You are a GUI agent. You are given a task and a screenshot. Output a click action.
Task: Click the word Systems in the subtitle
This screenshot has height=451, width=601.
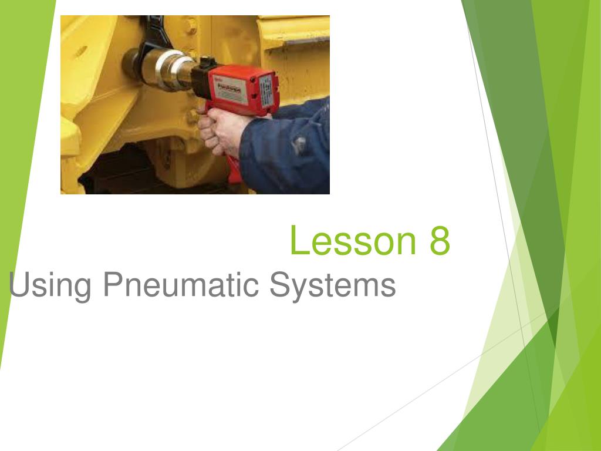[333, 285]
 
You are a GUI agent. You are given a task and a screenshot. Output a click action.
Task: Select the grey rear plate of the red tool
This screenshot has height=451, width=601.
[267, 91]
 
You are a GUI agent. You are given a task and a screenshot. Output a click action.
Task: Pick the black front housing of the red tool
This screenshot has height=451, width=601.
[202, 79]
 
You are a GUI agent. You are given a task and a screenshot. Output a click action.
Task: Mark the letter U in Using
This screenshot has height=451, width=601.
[18, 285]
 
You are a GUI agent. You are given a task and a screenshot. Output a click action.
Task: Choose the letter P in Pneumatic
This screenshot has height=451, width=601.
[112, 285]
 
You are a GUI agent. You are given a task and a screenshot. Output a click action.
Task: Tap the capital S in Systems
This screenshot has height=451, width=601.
[279, 285]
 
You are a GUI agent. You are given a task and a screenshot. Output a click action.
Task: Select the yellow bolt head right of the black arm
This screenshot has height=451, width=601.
[190, 26]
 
